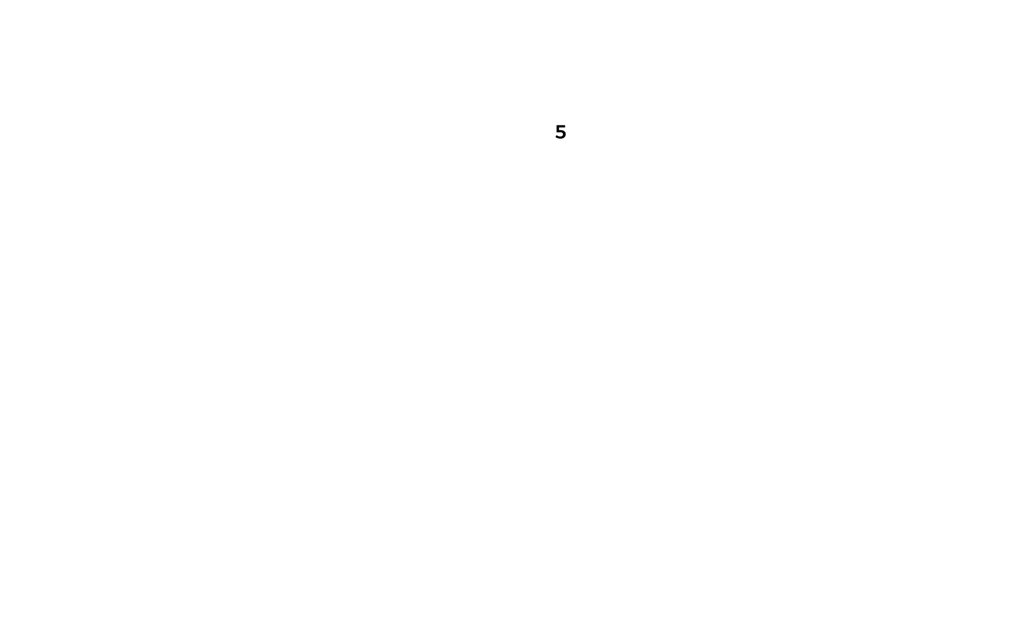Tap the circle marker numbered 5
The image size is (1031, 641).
tap(560, 134)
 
